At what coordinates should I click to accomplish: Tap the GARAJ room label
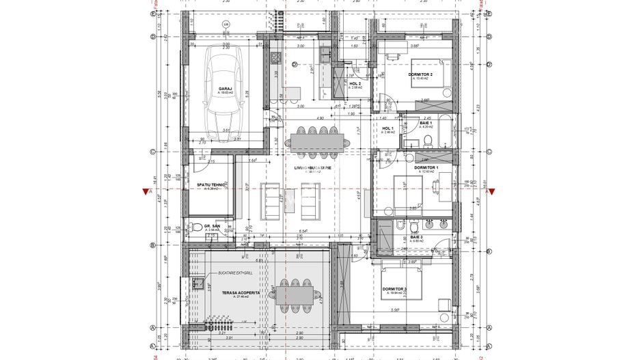click(225, 89)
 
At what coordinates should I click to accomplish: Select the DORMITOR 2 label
click(423, 74)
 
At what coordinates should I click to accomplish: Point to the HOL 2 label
click(355, 84)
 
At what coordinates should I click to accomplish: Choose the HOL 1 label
click(387, 128)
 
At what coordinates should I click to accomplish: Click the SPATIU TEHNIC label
click(211, 185)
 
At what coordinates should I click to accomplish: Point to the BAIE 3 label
click(417, 237)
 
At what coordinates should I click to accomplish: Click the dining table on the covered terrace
click(295, 294)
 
